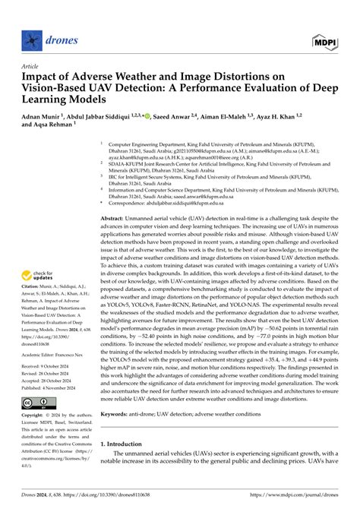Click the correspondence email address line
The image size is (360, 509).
178,204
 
